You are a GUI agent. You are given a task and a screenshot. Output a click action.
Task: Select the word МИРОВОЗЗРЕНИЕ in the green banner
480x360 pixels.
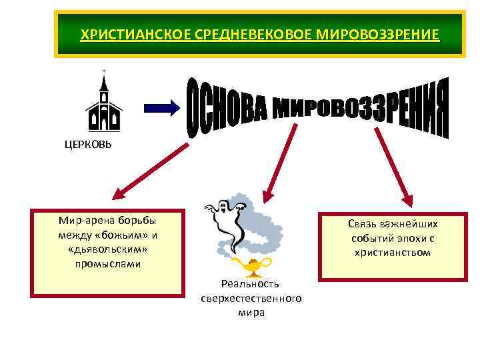point(387,34)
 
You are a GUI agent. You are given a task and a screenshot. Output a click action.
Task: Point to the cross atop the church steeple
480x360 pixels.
point(103,71)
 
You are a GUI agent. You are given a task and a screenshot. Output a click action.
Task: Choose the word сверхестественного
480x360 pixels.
point(251,298)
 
